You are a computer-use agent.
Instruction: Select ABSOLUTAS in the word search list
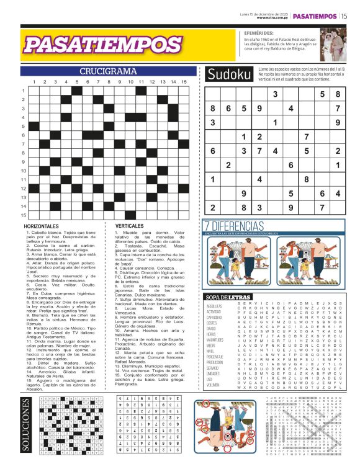[215, 306]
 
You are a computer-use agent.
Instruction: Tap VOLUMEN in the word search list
[214, 385]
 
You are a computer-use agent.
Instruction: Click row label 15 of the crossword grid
[23, 215]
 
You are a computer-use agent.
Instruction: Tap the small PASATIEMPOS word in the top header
[315, 16]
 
